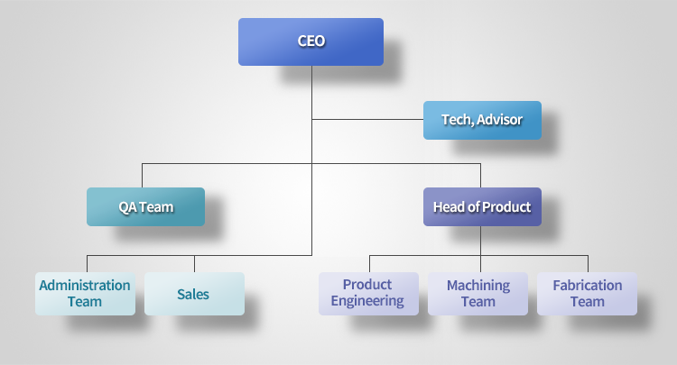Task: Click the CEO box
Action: click(311, 41)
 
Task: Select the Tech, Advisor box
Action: click(482, 120)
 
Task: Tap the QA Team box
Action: click(146, 207)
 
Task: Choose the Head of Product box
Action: click(482, 207)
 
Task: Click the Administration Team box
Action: click(85, 294)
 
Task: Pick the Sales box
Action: click(194, 294)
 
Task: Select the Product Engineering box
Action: click(368, 294)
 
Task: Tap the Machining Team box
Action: click(478, 294)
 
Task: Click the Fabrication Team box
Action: click(588, 294)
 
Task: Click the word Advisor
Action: click(499, 120)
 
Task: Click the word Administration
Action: click(85, 286)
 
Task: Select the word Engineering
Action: click(367, 301)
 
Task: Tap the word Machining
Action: click(478, 286)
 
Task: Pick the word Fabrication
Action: click(588, 286)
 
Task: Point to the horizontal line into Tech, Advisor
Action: click(367, 119)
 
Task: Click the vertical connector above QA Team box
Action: click(142, 176)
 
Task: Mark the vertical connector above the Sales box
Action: click(194, 264)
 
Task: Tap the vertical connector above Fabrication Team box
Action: click(588, 264)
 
